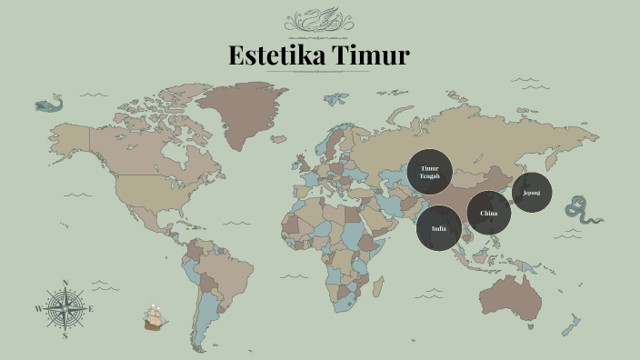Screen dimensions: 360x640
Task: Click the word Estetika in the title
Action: (x=277, y=55)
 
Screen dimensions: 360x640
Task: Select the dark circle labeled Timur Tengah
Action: (x=429, y=172)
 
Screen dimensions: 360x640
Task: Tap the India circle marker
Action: (x=439, y=229)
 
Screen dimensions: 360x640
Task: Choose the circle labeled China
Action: (x=489, y=214)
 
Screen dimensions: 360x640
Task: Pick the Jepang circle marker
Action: (x=531, y=193)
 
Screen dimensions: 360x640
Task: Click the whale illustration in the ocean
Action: (x=49, y=104)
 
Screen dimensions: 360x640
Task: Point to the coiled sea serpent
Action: (x=580, y=210)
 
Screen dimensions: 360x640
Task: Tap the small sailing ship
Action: (x=155, y=317)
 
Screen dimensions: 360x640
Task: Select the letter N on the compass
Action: (x=65, y=283)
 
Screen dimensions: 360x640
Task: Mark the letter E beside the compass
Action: (x=92, y=309)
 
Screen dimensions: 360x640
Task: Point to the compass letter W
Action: (x=38, y=309)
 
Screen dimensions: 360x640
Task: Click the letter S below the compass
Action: (x=65, y=335)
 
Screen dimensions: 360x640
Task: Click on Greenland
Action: (x=241, y=114)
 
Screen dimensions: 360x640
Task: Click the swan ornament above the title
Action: (x=320, y=19)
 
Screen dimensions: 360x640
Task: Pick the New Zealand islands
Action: (x=572, y=325)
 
